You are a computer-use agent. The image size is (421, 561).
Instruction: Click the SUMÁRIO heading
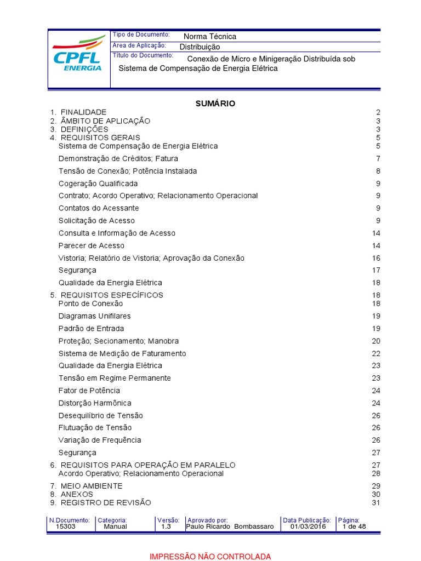tap(215, 104)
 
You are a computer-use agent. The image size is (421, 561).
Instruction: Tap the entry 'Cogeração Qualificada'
tap(98, 184)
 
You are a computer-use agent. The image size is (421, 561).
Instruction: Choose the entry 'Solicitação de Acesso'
tap(96, 221)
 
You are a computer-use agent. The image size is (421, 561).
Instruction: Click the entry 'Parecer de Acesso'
tap(92, 245)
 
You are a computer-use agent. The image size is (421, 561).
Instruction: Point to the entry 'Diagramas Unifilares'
tap(94, 316)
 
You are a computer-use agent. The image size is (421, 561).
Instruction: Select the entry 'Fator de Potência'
tap(89, 391)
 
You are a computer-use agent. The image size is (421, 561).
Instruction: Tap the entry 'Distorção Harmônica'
tap(95, 403)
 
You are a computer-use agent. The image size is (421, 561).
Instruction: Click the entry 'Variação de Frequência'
tap(100, 440)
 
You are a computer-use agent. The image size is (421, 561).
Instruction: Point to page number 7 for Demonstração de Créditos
tap(378, 159)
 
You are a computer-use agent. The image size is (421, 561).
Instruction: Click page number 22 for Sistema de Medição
tap(376, 353)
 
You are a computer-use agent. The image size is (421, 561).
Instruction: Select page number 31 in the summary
tap(376, 502)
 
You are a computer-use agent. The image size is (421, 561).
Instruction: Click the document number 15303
tap(66, 526)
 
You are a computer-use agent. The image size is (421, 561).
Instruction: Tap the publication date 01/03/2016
tap(308, 526)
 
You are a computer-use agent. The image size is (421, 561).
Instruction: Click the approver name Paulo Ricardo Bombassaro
tap(230, 526)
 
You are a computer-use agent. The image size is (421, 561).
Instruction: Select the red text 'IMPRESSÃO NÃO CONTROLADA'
tap(210, 557)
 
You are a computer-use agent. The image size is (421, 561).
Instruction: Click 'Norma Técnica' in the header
tap(210, 37)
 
